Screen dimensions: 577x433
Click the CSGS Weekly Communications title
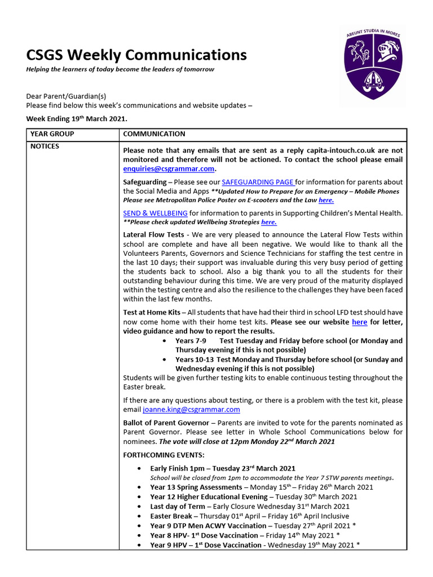pyautogui.click(x=136, y=55)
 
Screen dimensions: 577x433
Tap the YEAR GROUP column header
pyautogui.click(x=52, y=134)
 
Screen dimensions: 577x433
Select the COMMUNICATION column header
pyautogui.click(x=154, y=134)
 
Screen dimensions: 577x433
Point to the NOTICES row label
pyautogui.click(x=45, y=147)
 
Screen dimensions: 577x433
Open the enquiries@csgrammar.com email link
pyautogui.click(x=169, y=168)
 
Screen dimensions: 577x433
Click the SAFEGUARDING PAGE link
pyautogui.click(x=258, y=182)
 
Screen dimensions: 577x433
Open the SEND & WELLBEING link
pyautogui.click(x=155, y=213)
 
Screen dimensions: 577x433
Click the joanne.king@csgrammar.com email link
pyautogui.click(x=191, y=410)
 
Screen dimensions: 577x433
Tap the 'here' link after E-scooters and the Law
pyautogui.click(x=326, y=200)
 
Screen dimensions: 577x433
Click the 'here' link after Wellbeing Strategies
pyautogui.click(x=268, y=222)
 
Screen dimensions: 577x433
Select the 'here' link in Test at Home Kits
pyautogui.click(x=359, y=322)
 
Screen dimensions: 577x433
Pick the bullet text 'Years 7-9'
pyautogui.click(x=191, y=341)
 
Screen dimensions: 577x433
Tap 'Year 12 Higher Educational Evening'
pyautogui.click(x=209, y=497)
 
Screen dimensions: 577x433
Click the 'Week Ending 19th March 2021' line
pyautogui.click(x=77, y=119)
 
